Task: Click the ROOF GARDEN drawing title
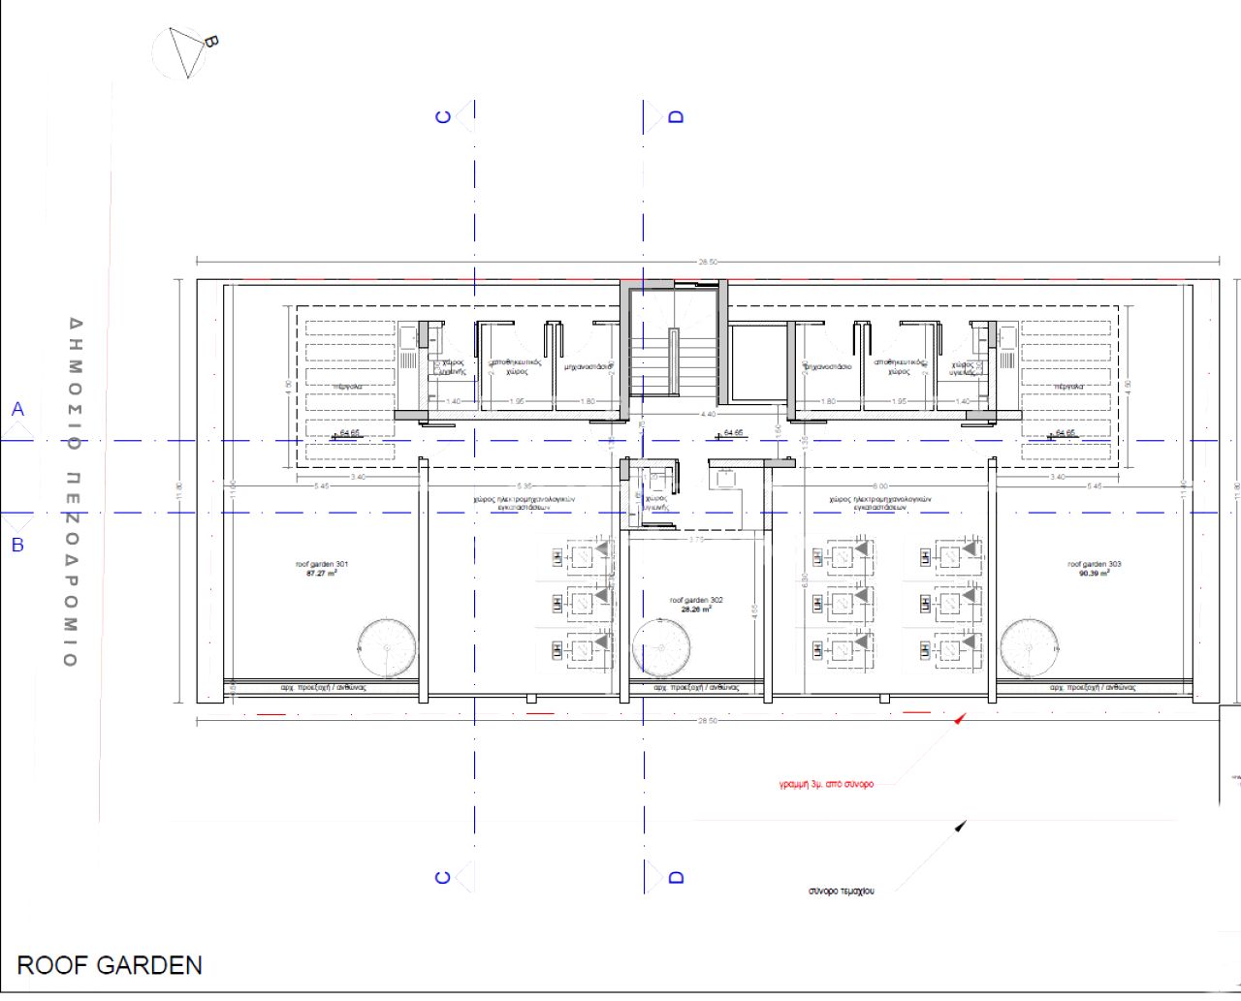pos(110,965)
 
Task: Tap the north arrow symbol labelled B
pos(190,49)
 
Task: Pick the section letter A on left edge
pos(17,410)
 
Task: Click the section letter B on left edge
pos(17,545)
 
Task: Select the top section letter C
pos(444,116)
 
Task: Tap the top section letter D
pos(677,116)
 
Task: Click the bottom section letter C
pos(444,877)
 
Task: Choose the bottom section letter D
pos(677,877)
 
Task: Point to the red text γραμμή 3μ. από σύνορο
pos(826,784)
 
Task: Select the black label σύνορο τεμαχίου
pos(841,891)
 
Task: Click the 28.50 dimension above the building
pos(708,262)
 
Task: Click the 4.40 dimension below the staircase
pos(708,414)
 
